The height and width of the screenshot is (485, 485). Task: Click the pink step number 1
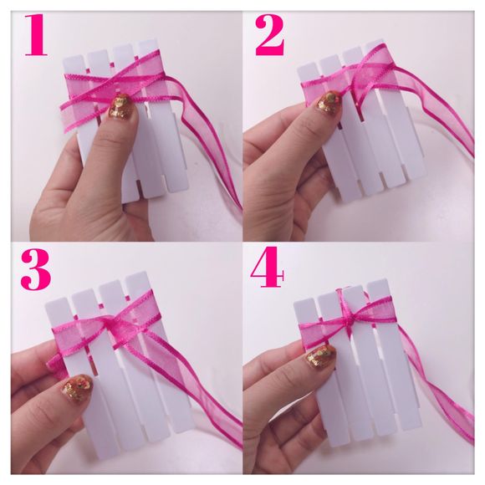pyautogui.click(x=36, y=35)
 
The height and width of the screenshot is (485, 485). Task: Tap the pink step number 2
pyautogui.click(x=270, y=35)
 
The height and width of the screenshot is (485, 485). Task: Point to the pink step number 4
pyautogui.click(x=267, y=267)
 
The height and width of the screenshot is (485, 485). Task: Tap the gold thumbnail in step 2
pyautogui.click(x=329, y=102)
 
